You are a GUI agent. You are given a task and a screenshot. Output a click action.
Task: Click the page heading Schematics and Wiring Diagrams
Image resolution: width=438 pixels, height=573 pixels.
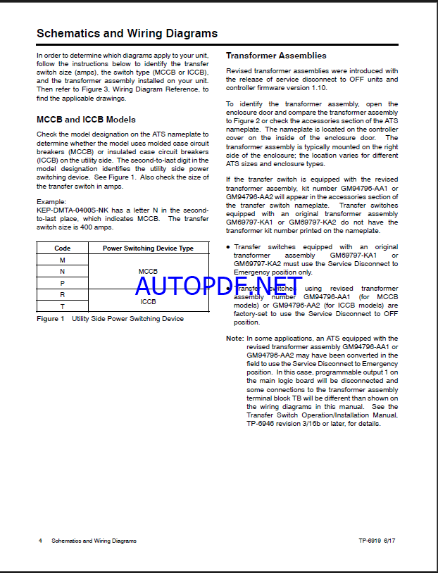pos(127,33)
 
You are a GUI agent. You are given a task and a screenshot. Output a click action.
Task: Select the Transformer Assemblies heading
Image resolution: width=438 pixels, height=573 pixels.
pos(276,56)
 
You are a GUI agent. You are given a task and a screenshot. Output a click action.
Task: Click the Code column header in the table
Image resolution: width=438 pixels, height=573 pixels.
pos(62,248)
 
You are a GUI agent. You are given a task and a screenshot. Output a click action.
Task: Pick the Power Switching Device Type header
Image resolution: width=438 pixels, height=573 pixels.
pos(148,248)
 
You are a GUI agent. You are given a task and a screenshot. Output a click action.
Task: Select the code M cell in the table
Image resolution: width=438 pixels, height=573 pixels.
pos(62,260)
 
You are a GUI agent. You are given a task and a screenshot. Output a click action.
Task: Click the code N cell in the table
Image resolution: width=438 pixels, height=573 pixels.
pos(62,271)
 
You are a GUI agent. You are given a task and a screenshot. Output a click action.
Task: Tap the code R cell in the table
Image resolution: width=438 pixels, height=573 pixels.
pos(62,294)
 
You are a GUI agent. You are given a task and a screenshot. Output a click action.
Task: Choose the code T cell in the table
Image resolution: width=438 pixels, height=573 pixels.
pos(62,306)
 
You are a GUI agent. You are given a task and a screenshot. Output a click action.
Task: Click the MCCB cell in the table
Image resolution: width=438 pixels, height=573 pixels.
pos(148,271)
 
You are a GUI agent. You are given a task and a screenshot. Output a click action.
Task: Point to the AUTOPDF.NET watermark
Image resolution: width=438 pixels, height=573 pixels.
pos(218,286)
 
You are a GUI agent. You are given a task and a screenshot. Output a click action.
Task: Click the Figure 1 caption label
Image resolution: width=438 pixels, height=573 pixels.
pos(50,319)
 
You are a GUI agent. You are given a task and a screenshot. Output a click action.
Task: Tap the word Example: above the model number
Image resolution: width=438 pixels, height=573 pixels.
pos(51,201)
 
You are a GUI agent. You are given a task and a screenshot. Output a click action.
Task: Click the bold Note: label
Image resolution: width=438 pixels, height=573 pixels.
pos(234,339)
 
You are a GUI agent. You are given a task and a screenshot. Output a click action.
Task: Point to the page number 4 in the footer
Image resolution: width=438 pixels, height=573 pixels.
pos(40,541)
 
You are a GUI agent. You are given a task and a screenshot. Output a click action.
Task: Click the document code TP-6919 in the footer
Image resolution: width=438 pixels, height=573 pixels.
pos(369,541)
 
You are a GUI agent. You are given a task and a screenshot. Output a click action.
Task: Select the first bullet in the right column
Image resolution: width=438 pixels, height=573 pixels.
pos(228,247)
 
